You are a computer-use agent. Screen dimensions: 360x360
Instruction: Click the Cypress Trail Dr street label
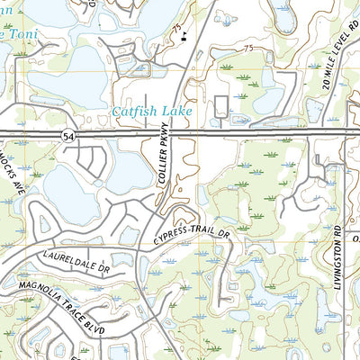point(192,235)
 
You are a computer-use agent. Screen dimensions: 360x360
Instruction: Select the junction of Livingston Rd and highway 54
point(345,135)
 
